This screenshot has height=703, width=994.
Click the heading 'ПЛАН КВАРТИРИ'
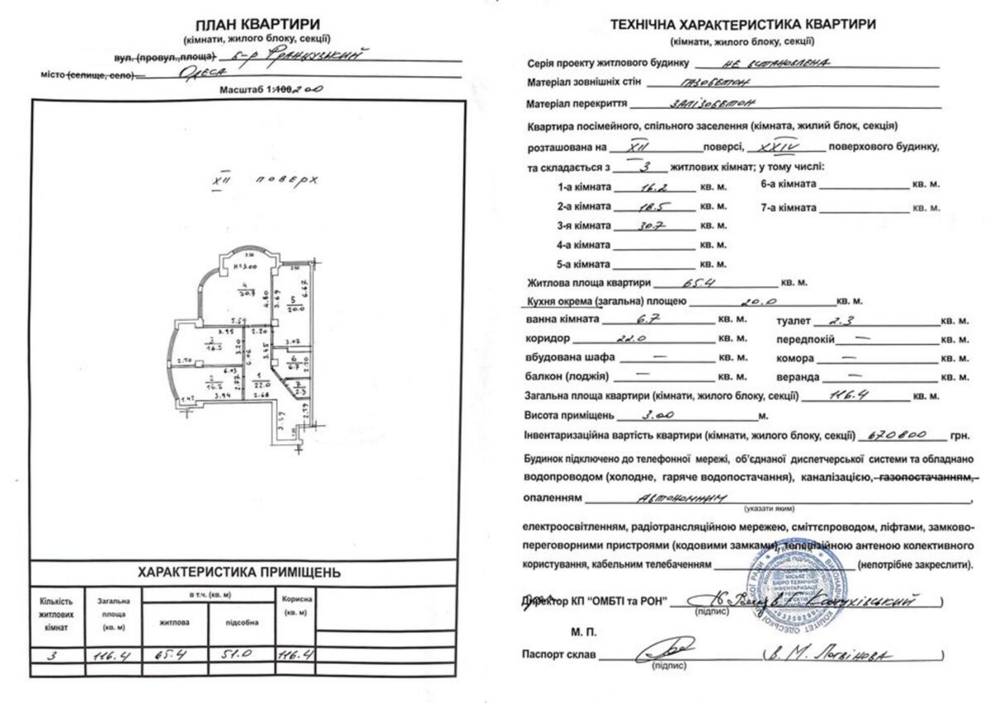pos(258,25)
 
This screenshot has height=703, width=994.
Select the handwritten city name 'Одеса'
pos(203,73)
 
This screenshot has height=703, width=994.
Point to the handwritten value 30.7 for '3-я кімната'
pos(652,226)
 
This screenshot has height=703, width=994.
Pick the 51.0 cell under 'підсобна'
pos(242,655)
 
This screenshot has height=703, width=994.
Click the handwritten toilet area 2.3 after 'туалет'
pos(831,321)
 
